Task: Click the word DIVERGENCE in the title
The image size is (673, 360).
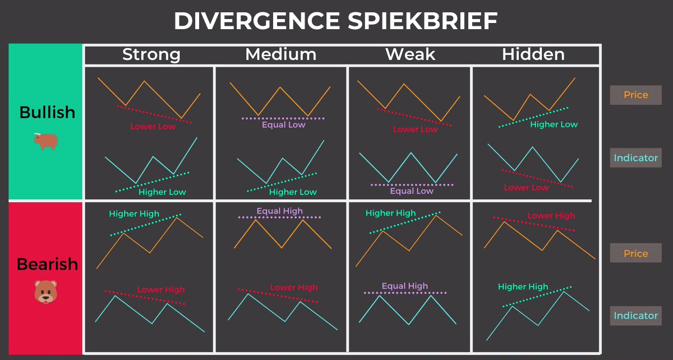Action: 256,21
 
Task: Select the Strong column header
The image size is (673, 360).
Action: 151,54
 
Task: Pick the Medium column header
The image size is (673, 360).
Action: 280,54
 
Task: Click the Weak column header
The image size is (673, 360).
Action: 410,54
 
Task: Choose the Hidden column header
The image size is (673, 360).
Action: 533,54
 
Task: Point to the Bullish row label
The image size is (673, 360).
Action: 47,112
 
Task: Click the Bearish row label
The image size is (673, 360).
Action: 47,264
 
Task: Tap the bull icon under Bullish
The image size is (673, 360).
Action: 45,141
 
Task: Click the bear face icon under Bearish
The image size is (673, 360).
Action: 45,292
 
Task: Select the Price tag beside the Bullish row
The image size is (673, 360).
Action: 635,95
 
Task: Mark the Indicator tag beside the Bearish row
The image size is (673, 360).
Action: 635,316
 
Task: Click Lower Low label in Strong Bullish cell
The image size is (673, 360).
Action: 153,127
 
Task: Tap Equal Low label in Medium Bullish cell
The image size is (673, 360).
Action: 283,125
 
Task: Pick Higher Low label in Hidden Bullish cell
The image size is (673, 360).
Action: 554,124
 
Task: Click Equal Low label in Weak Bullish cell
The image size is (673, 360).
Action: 412,191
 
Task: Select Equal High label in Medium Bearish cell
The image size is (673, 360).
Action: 279,211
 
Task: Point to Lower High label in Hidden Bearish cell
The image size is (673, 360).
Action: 551,216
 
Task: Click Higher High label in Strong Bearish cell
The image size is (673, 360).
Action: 134,214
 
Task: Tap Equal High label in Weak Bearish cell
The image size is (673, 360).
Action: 404,287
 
